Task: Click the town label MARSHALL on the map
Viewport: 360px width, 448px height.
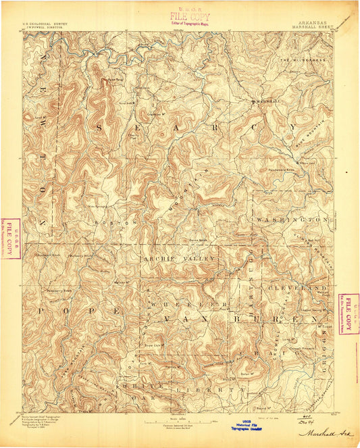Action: pos(263,102)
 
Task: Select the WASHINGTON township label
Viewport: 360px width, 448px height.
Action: pos(290,220)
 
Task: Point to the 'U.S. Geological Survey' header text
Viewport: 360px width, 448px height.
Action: pos(48,21)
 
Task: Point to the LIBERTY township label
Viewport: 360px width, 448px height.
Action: pos(205,390)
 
